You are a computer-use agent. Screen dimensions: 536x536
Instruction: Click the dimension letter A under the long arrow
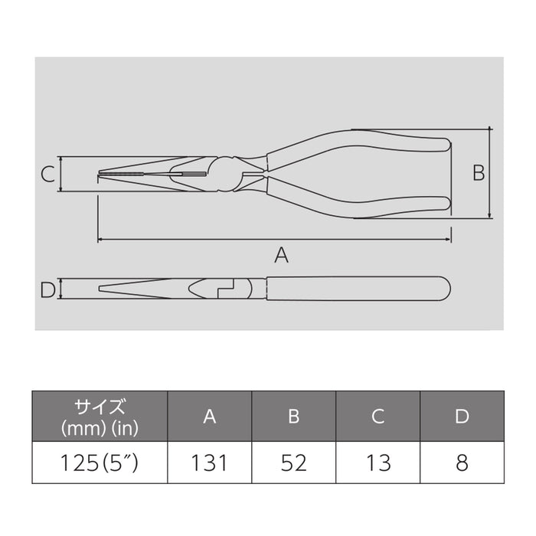pyautogui.click(x=281, y=255)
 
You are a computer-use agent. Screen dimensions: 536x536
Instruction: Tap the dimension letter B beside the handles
pyautogui.click(x=478, y=174)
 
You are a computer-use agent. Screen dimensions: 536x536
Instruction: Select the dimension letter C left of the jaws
pyautogui.click(x=47, y=175)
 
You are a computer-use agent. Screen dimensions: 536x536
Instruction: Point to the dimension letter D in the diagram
pyautogui.click(x=47, y=289)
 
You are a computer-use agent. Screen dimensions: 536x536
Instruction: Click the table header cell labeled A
pyautogui.click(x=209, y=416)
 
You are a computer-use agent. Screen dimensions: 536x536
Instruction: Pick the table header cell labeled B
pyautogui.click(x=293, y=416)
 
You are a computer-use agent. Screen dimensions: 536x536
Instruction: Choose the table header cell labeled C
pyautogui.click(x=378, y=416)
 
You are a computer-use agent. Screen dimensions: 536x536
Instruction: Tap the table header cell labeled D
pyautogui.click(x=462, y=416)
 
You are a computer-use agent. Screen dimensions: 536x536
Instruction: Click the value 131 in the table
pyautogui.click(x=209, y=462)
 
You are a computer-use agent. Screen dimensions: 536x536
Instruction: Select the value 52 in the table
pyautogui.click(x=293, y=462)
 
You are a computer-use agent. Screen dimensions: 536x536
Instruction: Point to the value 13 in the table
pyautogui.click(x=378, y=462)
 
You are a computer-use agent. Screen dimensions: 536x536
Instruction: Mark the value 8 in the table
pyautogui.click(x=462, y=462)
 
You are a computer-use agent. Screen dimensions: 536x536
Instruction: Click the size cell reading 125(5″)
pyautogui.click(x=100, y=462)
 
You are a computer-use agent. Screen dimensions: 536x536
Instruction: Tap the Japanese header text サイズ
pyautogui.click(x=100, y=406)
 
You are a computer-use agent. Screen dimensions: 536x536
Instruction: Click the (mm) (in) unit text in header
pyautogui.click(x=100, y=427)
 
